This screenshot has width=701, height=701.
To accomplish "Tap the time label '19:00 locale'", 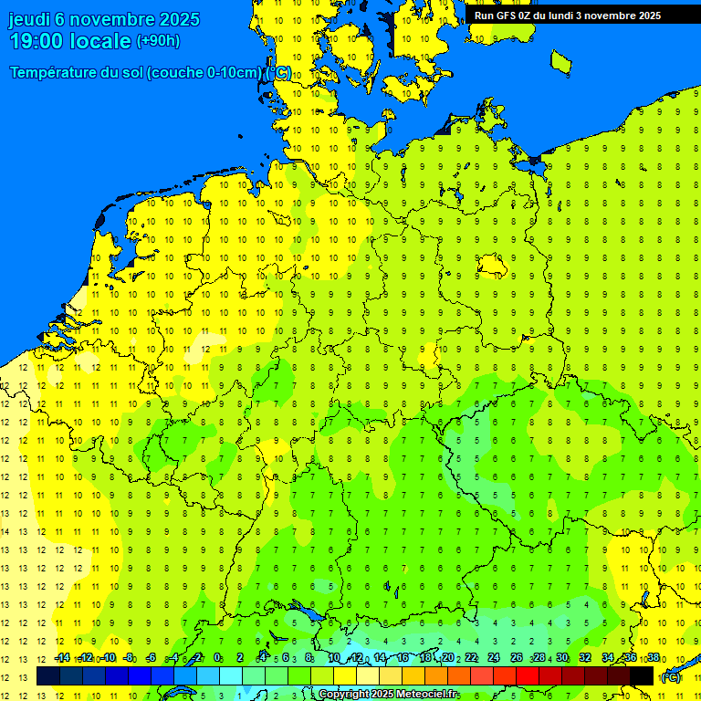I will point(71,41).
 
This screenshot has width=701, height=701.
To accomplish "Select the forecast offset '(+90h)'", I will point(158,41).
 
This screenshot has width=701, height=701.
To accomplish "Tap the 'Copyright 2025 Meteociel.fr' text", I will point(389,695).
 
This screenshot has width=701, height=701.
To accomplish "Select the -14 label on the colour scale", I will point(62,658).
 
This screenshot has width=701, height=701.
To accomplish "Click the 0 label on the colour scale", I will point(217,658).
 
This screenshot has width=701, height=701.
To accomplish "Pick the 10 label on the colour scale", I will point(334,658).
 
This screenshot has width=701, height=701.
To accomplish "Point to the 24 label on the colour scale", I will point(493,658).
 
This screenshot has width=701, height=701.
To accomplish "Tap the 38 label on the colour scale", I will point(654,658).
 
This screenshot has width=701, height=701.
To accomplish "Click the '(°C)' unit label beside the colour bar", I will point(671,677).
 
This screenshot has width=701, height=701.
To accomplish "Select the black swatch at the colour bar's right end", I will point(642,676).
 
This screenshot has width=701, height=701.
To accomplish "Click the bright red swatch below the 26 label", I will point(528,676).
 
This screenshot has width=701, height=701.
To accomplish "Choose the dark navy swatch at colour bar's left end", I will point(48,676).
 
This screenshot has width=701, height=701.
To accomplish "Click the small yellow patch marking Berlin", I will point(493,264).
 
